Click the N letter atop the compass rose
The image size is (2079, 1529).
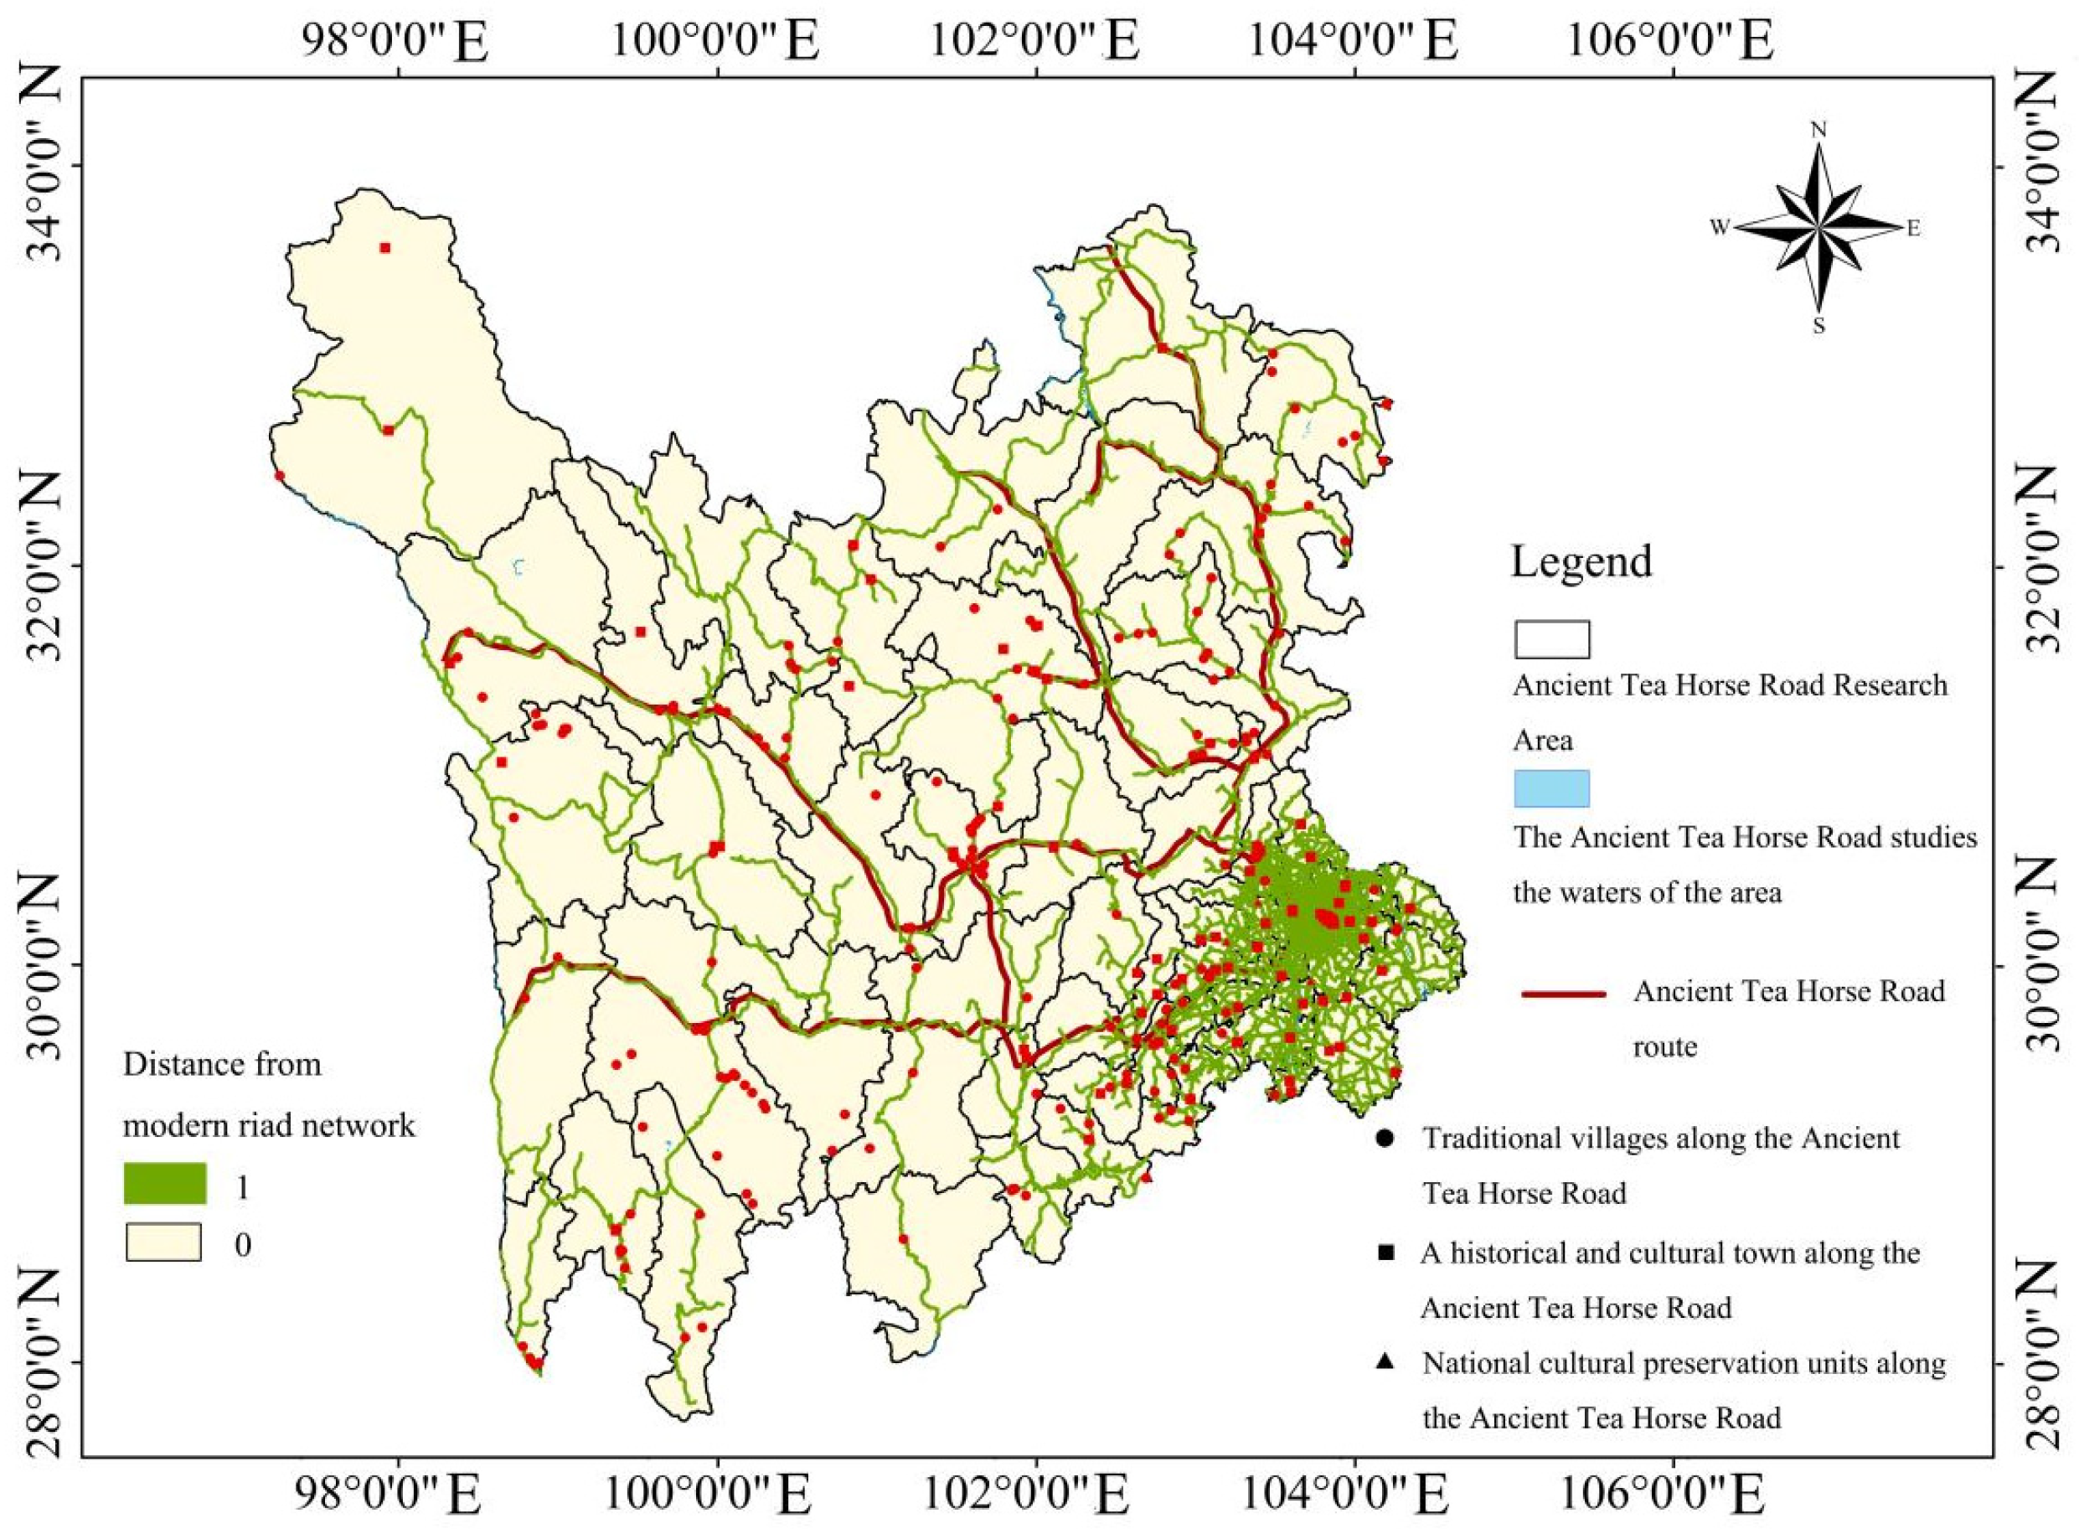[1818, 131]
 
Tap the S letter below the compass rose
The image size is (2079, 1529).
[1818, 326]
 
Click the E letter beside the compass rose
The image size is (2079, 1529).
[1913, 229]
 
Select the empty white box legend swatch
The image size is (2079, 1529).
[1551, 639]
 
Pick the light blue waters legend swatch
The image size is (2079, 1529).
[1551, 788]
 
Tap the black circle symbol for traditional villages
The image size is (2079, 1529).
[1385, 1138]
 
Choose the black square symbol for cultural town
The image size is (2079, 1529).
[1385, 1253]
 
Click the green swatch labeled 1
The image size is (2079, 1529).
[165, 1184]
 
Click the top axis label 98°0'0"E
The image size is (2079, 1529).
[395, 43]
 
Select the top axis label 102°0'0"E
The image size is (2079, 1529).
[1033, 43]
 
